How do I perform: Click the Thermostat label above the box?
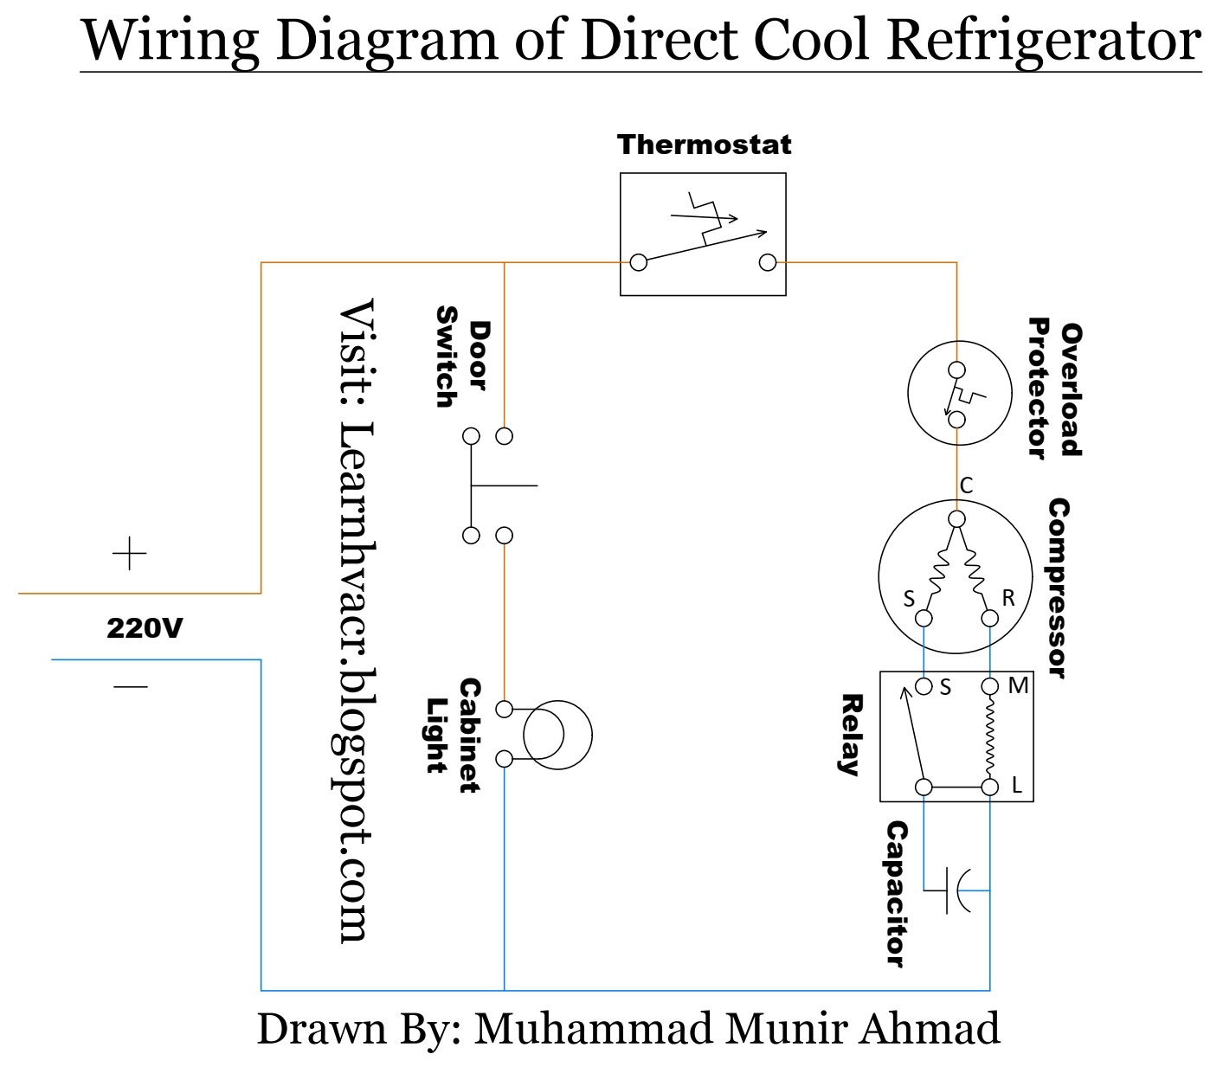coord(704,145)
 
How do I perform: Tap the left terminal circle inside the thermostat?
coord(639,262)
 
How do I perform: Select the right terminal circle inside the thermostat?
coord(767,262)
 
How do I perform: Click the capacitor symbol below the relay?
coord(956,890)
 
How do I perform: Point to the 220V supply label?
coord(145,628)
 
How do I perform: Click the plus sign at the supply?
coord(130,554)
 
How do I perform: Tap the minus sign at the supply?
coord(131,687)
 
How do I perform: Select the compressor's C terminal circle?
coord(956,519)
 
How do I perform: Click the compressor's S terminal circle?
coord(924,618)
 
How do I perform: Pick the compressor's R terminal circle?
coord(989,618)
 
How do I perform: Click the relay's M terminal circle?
coord(989,687)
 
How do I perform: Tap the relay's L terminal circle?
coord(989,787)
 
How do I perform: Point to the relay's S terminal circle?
coord(924,687)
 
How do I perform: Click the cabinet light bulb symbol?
coord(557,736)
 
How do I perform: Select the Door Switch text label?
coord(461,356)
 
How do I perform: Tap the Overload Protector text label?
coord(1054,389)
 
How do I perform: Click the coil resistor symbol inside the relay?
coord(989,736)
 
